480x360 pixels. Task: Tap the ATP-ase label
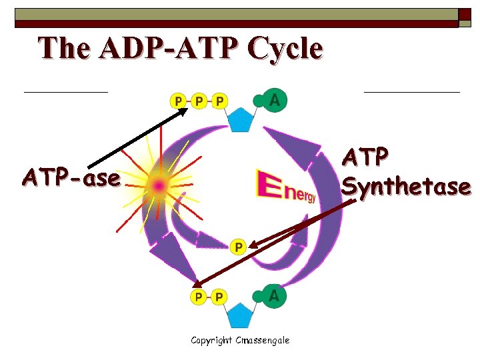pyautogui.click(x=72, y=178)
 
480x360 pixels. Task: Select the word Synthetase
pyautogui.click(x=406, y=187)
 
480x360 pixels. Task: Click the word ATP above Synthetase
pyautogui.click(x=365, y=157)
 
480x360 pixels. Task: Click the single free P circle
pyautogui.click(x=238, y=247)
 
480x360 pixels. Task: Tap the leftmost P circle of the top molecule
pyautogui.click(x=178, y=101)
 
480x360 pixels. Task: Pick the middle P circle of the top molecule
pyautogui.click(x=199, y=101)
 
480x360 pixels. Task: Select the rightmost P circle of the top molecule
pyautogui.click(x=219, y=101)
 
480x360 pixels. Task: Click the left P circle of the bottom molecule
pyautogui.click(x=198, y=297)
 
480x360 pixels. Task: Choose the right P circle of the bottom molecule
pyautogui.click(x=219, y=297)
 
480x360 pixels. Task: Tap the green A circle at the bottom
pyautogui.click(x=274, y=296)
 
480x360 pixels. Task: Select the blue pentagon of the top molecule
pyautogui.click(x=239, y=120)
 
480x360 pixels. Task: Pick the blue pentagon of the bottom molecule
pyautogui.click(x=239, y=315)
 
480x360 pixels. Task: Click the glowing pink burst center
pyautogui.click(x=158, y=185)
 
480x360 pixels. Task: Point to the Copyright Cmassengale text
pyautogui.click(x=240, y=341)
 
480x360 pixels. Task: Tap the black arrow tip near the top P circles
pyautogui.click(x=187, y=109)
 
